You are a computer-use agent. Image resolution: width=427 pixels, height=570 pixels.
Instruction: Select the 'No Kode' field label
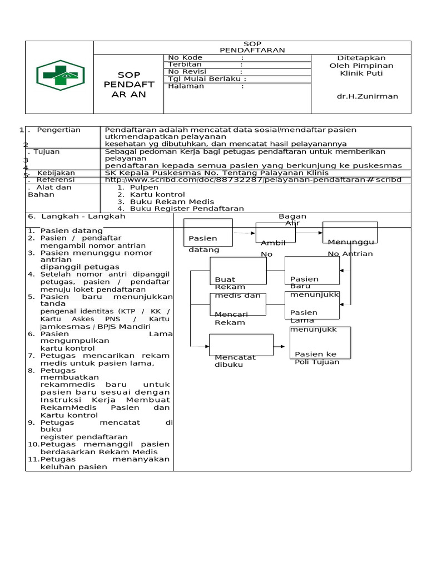pos(185,58)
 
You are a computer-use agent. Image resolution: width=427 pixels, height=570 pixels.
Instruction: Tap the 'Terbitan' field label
pos(185,65)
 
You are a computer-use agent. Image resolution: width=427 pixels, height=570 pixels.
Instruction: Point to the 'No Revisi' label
pos(187,72)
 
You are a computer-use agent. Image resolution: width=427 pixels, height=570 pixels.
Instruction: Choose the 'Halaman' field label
pos(186,86)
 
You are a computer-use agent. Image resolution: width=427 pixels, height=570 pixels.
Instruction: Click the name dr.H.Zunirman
pos(360,96)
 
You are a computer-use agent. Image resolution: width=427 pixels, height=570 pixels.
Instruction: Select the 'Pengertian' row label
pos(58,130)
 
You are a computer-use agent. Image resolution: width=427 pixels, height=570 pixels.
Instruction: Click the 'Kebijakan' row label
pos(56,173)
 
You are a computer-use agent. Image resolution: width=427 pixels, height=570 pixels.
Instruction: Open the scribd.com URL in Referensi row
pos(252,180)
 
